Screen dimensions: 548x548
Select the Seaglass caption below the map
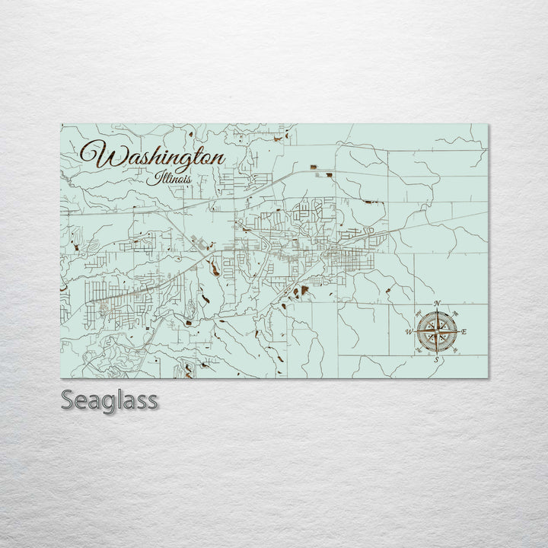110,400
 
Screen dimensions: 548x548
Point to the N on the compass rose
437,304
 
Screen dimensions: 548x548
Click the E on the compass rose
464,332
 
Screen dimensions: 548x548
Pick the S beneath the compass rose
437,359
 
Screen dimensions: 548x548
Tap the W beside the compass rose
409,332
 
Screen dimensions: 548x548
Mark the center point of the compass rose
437,332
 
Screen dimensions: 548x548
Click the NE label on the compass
455,314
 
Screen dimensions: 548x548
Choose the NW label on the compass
419,314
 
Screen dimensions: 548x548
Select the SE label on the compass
455,350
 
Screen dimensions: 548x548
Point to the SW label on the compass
419,350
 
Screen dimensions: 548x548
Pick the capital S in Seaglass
68,400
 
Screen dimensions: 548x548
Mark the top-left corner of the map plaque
61,124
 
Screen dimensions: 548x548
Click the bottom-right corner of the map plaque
488,378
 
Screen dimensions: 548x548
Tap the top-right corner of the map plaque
488,124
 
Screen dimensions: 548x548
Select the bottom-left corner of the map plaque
61,378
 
